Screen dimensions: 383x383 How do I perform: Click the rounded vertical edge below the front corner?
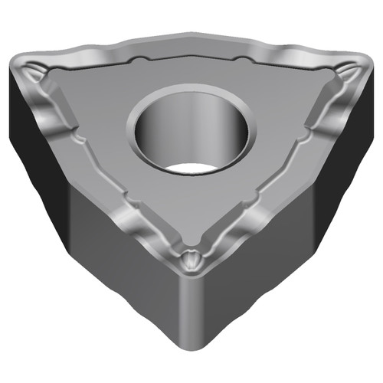tap(190, 314)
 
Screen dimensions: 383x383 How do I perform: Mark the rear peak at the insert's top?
tap(191, 34)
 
